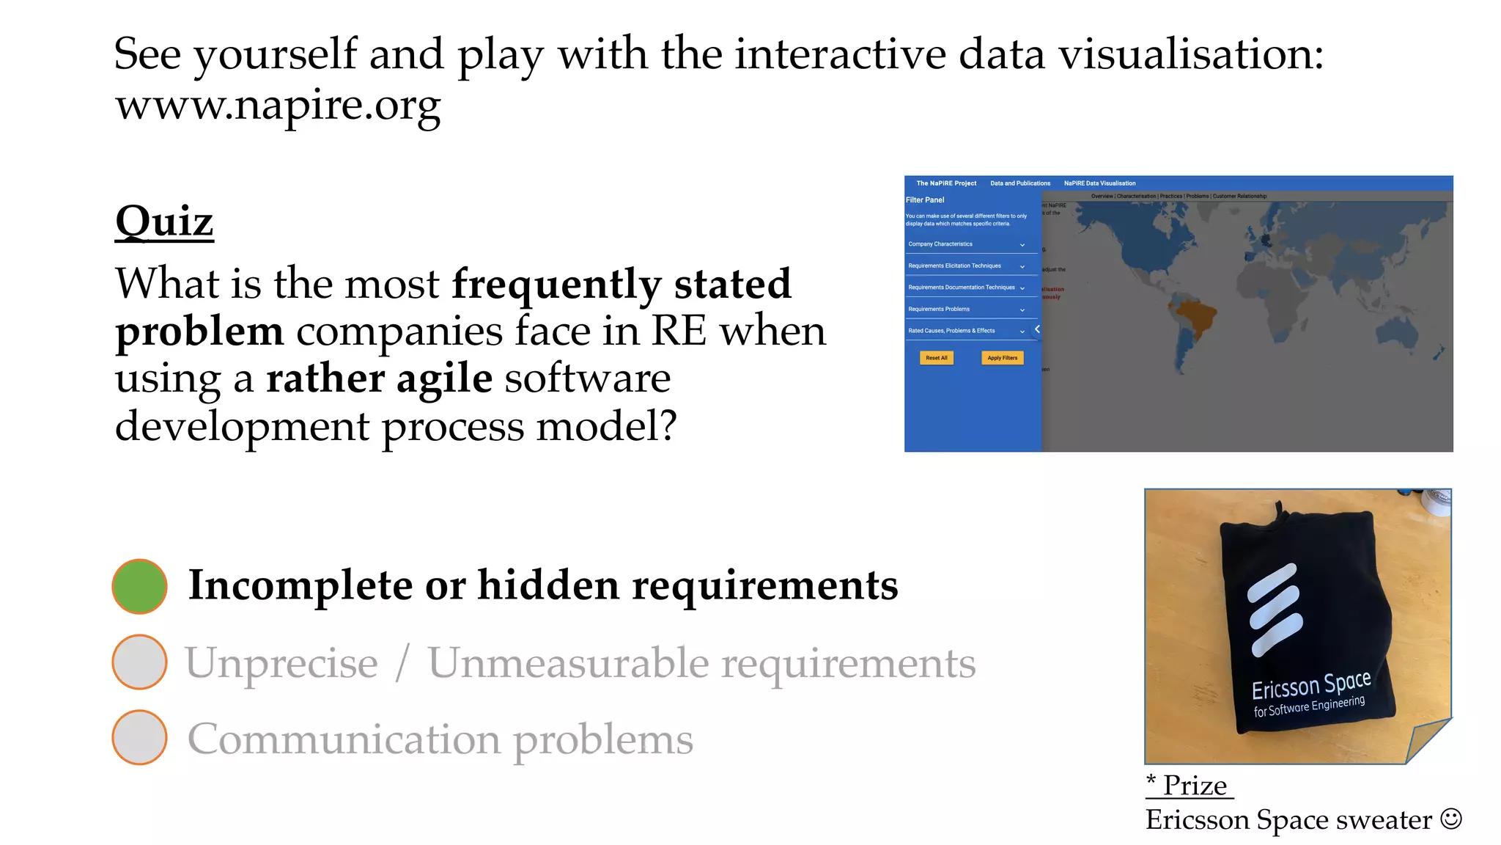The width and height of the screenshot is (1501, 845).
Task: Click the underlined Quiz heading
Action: coord(164,221)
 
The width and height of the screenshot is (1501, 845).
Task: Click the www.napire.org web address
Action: coord(278,106)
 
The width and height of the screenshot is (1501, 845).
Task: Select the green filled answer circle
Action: coord(139,586)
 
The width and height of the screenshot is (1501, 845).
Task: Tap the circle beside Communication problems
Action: coord(139,737)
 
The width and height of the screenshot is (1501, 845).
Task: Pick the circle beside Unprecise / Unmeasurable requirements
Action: coord(139,662)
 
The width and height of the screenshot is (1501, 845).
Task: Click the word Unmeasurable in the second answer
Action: coord(567,663)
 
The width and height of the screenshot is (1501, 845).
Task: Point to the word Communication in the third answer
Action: coord(344,739)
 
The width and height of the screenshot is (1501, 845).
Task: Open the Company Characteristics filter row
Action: coord(965,244)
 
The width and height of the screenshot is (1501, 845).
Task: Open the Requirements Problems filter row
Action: coord(965,309)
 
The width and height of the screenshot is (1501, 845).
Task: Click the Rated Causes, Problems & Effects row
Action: coord(965,331)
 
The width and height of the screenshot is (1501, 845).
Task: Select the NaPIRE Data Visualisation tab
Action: coord(1099,183)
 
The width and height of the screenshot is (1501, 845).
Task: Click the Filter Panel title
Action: coord(925,200)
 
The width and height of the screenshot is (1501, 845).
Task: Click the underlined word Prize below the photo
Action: coord(1195,786)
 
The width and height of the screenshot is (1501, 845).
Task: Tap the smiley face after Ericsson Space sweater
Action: coord(1450,819)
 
